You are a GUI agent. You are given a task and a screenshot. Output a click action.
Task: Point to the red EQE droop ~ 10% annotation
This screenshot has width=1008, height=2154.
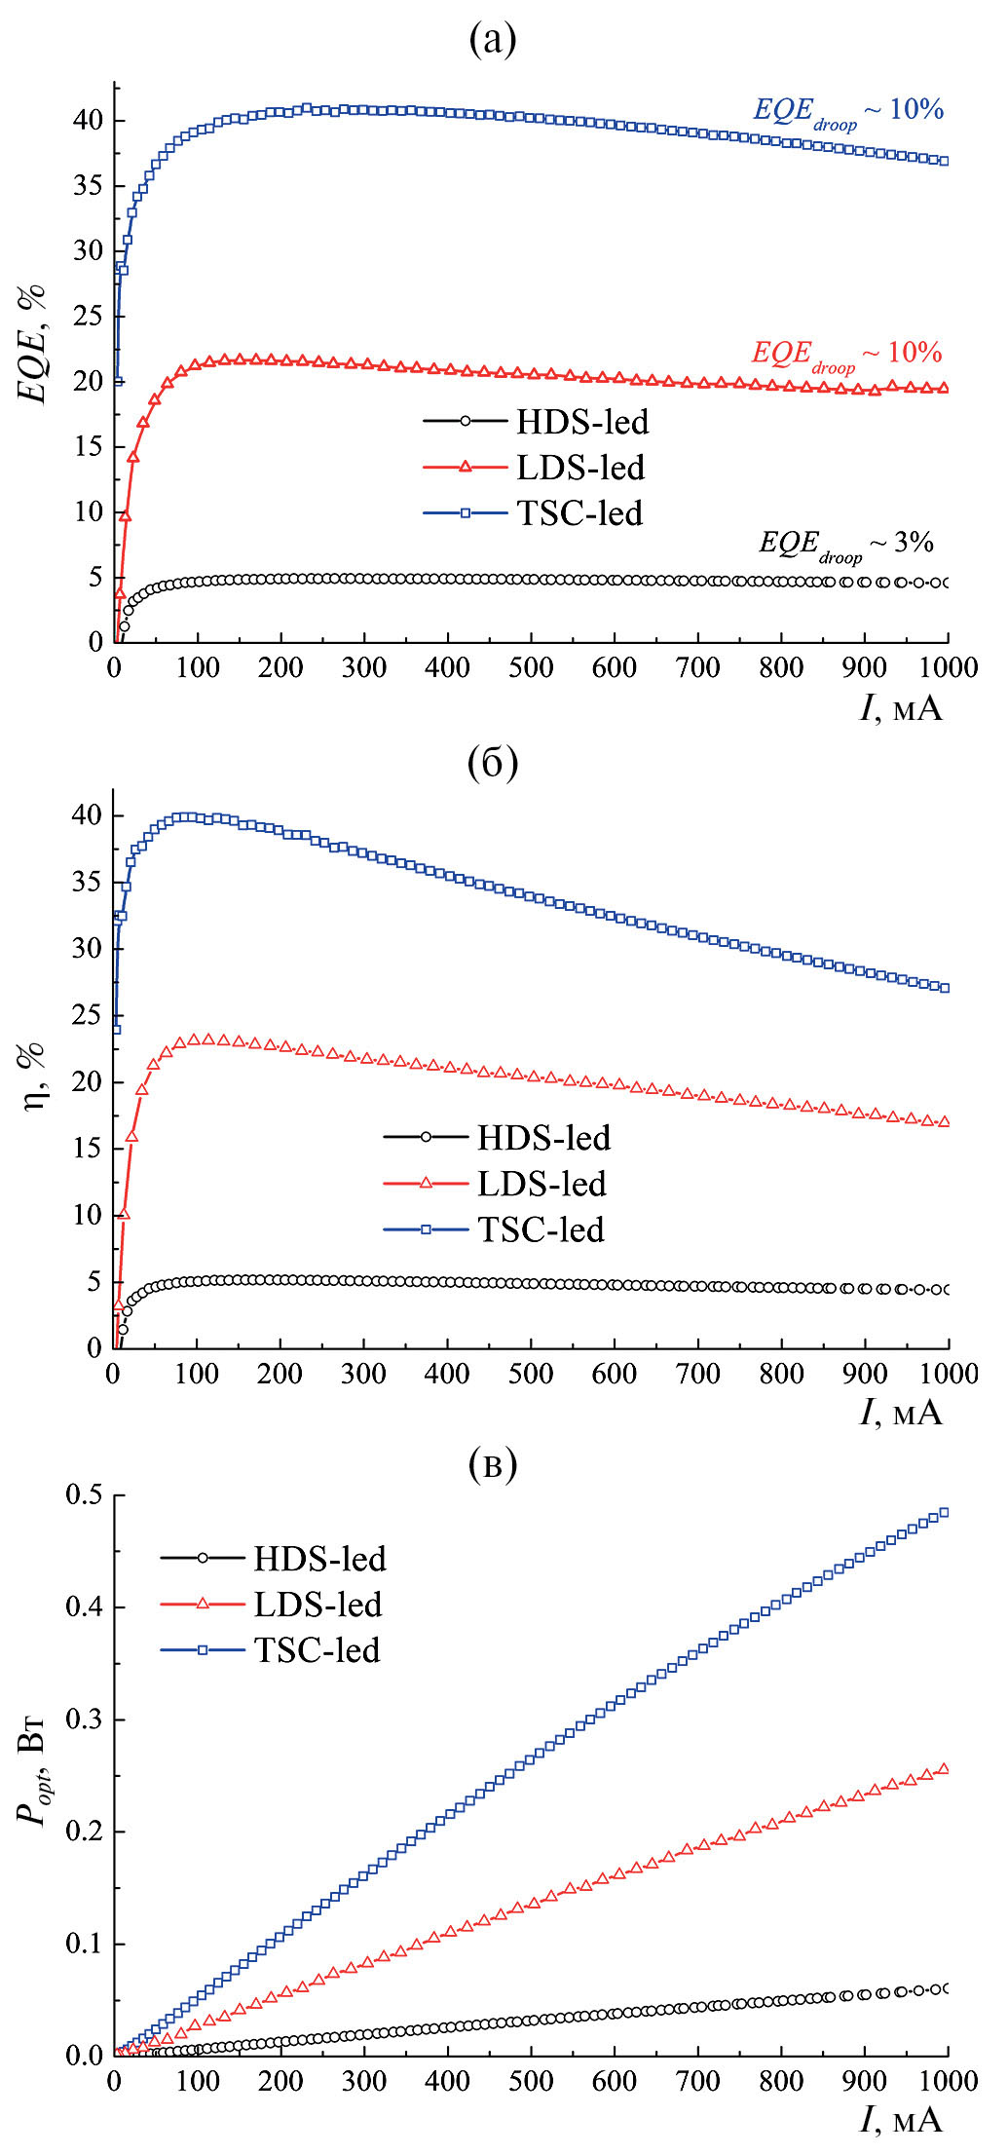(845, 355)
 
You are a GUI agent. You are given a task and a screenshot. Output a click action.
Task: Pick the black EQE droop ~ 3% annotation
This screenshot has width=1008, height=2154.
(845, 545)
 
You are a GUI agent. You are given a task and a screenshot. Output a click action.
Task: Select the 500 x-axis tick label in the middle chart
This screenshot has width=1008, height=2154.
(530, 1374)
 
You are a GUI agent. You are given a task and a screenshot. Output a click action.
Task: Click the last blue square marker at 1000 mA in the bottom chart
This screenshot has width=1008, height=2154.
(943, 1513)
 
